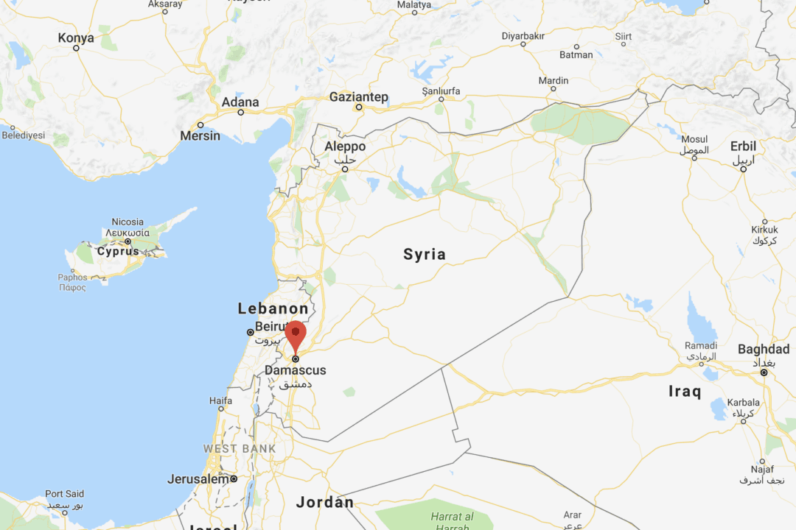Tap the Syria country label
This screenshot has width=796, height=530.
click(425, 255)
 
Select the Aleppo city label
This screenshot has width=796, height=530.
click(345, 146)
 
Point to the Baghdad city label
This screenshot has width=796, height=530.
click(764, 349)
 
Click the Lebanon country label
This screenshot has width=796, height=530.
click(273, 309)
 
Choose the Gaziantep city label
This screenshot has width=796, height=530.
click(359, 97)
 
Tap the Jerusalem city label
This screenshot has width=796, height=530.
click(198, 479)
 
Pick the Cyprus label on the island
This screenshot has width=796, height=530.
click(118, 251)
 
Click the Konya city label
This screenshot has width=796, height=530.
click(76, 38)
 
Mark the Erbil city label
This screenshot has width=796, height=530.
click(743, 146)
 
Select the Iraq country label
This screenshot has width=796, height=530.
click(685, 392)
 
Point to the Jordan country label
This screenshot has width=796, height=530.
click(324, 503)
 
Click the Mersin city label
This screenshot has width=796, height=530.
click(200, 135)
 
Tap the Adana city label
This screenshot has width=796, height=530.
click(240, 102)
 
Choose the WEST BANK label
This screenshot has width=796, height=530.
click(240, 448)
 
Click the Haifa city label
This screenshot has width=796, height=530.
click(220, 401)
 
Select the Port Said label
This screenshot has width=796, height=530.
click(64, 494)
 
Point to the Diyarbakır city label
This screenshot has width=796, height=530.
click(523, 35)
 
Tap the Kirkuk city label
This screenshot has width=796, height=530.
click(764, 230)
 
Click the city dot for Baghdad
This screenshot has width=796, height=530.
click(764, 373)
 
